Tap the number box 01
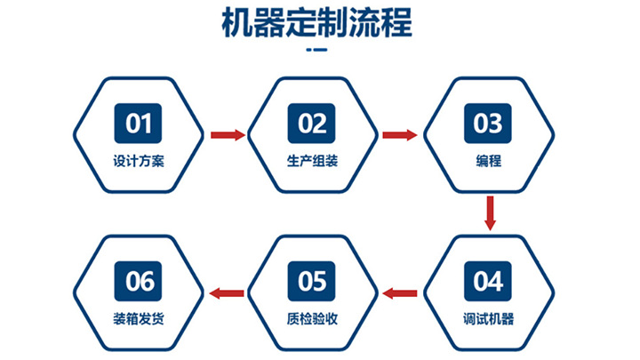tap(139, 124)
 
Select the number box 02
tap(313, 124)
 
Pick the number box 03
tap(487, 124)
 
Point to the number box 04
tap(487, 282)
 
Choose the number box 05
tap(313, 282)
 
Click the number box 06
tap(139, 282)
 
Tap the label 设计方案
tap(139, 163)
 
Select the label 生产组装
tap(313, 163)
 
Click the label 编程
tap(488, 163)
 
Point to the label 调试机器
tap(488, 320)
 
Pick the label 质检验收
tap(313, 320)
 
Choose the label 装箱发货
tap(139, 320)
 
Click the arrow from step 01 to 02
tap(228, 135)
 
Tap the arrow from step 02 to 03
tap(400, 135)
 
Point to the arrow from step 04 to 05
tap(400, 292)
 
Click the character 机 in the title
tap(236, 24)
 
